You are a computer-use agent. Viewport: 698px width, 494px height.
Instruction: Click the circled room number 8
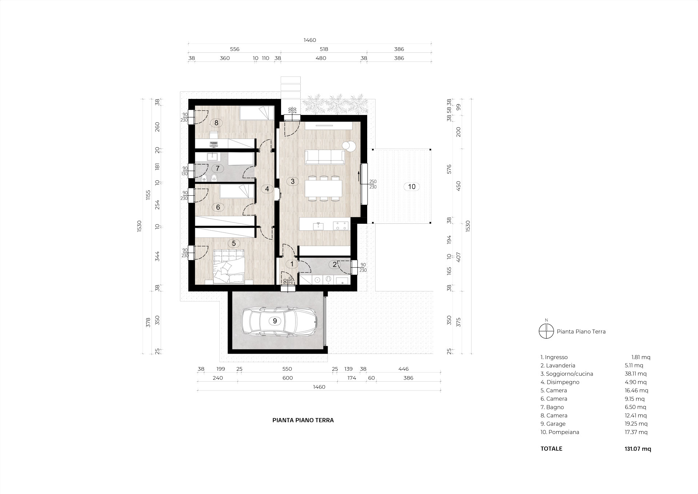point(216,123)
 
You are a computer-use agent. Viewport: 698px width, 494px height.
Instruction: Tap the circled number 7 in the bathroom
point(218,168)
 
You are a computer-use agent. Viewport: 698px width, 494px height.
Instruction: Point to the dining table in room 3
point(324,188)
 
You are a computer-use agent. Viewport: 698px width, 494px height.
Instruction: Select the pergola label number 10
point(412,187)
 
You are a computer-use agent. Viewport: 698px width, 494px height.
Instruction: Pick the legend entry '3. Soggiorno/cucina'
point(567,374)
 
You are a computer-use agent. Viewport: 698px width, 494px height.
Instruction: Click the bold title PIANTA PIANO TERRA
point(303,420)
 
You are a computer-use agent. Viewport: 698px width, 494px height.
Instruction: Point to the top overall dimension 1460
point(310,40)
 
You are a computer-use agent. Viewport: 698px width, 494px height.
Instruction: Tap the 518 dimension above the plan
point(324,49)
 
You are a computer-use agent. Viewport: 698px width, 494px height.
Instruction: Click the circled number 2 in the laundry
point(335,264)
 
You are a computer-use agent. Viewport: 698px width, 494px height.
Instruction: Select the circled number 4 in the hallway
point(267,189)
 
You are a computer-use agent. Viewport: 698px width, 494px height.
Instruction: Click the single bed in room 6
point(236,191)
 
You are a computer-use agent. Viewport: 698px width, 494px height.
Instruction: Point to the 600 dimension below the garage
point(288,378)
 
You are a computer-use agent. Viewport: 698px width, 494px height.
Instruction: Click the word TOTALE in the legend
point(551,449)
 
